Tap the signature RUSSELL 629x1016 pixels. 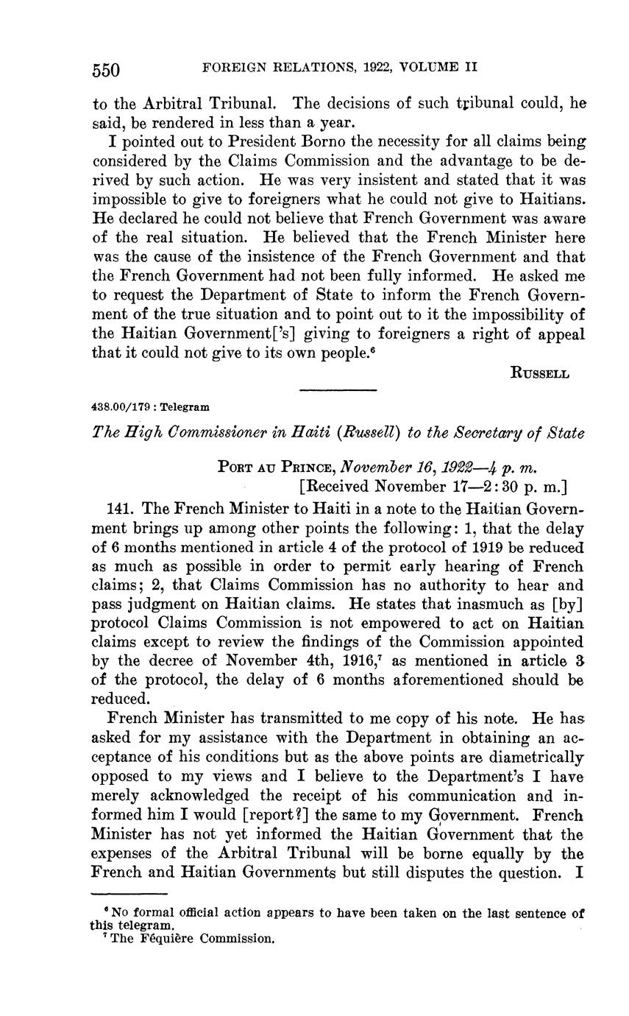539,373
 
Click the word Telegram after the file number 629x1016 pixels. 185,406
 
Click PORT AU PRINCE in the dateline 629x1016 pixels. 274,466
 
